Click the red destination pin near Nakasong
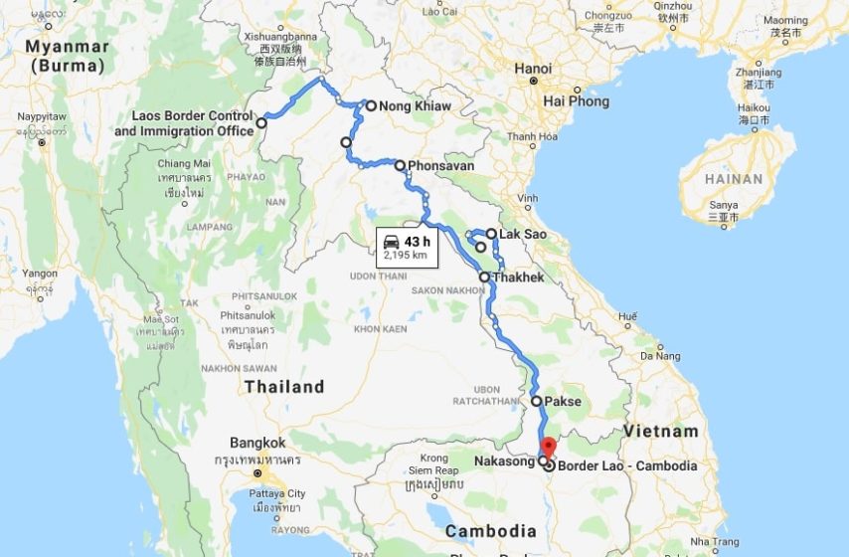[x=548, y=445]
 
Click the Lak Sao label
[x=522, y=235]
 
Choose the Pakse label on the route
[x=563, y=402]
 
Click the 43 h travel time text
[x=418, y=242]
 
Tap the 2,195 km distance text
[x=406, y=255]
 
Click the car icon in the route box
[x=392, y=242]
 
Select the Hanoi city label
[x=533, y=69]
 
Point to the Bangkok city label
[x=257, y=443]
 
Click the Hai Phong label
[x=576, y=101]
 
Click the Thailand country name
[x=284, y=387]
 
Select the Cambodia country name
[x=491, y=531]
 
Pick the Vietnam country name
[x=661, y=432]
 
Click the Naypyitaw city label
[x=42, y=117]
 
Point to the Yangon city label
[x=40, y=274]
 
